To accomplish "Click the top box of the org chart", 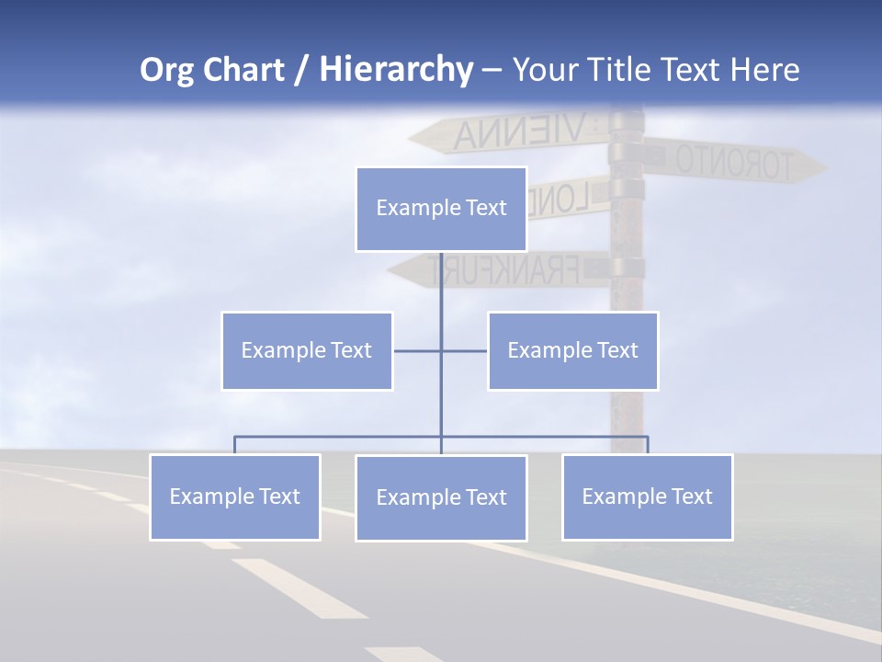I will click(441, 209).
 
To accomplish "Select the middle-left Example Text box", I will click(307, 350).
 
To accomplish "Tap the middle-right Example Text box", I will click(572, 350).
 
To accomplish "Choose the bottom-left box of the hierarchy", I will click(234, 496).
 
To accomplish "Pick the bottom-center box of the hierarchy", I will click(441, 497).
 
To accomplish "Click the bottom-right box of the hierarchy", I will click(647, 496).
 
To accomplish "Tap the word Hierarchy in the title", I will click(396, 70).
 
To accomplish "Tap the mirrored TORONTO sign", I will click(735, 162).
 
